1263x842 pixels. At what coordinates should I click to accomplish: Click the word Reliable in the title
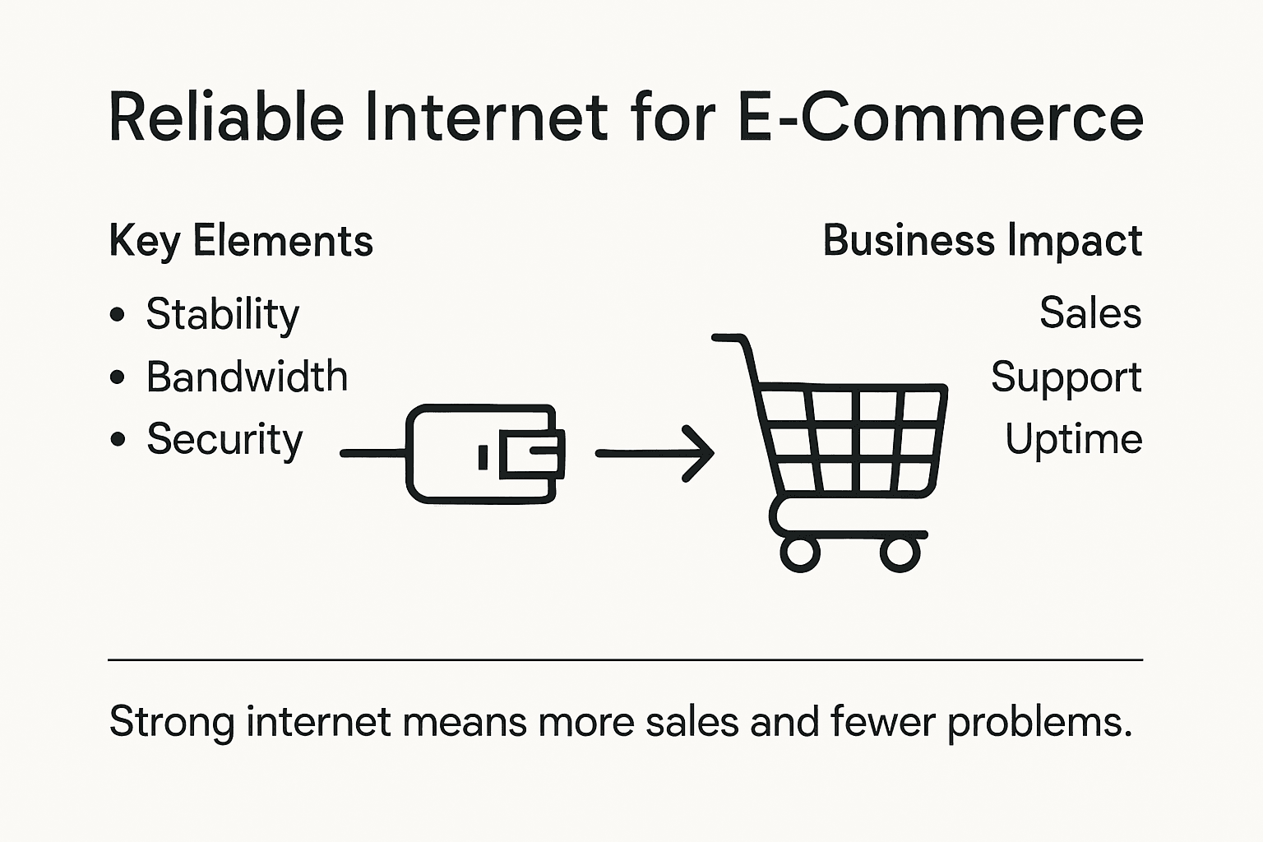click(226, 117)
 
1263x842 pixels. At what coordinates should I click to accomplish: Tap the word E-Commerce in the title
click(940, 117)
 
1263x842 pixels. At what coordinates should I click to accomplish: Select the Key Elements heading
click(241, 241)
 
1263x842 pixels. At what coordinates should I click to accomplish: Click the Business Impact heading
click(983, 241)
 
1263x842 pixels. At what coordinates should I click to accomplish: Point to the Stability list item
click(223, 315)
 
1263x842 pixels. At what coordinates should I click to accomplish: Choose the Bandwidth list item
click(247, 377)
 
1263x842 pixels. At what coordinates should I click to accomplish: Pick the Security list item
click(224, 440)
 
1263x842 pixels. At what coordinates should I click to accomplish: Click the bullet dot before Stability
click(118, 314)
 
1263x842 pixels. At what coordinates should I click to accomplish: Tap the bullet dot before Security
click(118, 440)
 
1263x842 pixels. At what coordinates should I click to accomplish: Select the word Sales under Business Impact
click(1090, 313)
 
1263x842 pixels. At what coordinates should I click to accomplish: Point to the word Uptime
click(1073, 439)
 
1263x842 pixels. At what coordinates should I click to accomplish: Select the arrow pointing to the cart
click(655, 453)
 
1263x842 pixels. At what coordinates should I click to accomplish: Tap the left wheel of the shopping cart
click(799, 553)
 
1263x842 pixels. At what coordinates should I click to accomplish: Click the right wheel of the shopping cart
click(900, 553)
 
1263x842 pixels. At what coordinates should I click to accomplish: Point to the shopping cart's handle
click(729, 338)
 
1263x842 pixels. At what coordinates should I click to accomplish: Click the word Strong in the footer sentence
click(171, 723)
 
